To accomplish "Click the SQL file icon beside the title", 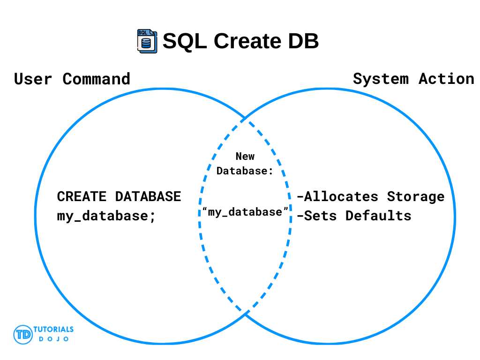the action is [147, 41].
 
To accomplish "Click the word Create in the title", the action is [247, 41].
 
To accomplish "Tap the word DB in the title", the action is [303, 41].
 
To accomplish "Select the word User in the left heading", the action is [33, 79].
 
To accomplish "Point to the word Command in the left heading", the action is [97, 79].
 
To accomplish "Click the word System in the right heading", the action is [381, 79].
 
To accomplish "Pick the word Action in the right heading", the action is [446, 79].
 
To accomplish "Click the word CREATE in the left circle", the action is [82, 196].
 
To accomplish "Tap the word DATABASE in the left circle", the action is [148, 196].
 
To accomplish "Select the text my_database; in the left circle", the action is [106, 216].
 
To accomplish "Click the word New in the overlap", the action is [245, 157].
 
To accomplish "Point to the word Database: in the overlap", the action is [245, 171].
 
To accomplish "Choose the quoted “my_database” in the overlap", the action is [245, 212].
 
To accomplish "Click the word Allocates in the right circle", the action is [337, 196].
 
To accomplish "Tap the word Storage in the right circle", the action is [416, 197].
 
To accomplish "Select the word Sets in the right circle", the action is [317, 216].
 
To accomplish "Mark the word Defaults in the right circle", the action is [378, 216].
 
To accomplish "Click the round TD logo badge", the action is [23, 335].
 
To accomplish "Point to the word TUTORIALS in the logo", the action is [53, 330].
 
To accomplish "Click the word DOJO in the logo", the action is [53, 339].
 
